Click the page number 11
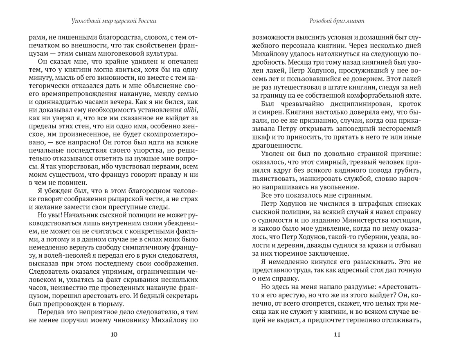[x=337, y=335]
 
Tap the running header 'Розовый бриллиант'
[x=337, y=20]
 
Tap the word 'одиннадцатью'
[x=60, y=97]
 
